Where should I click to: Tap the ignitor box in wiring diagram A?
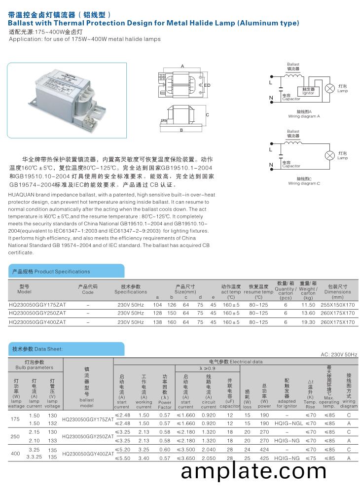point(309,91)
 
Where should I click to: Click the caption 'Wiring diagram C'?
point(304,183)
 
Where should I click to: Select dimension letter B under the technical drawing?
point(182,130)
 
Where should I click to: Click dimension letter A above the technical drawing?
point(182,66)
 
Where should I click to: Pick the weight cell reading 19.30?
point(308,322)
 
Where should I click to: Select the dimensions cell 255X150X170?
point(338,305)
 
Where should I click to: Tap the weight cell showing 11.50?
point(308,305)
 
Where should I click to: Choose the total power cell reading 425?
point(264,458)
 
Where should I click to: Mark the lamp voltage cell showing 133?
point(52,441)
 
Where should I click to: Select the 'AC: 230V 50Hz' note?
point(339,354)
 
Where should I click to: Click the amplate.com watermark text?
point(253,471)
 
